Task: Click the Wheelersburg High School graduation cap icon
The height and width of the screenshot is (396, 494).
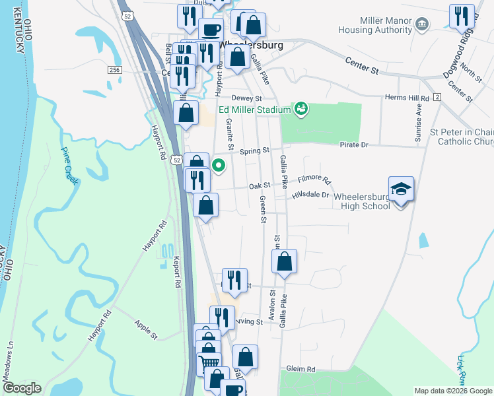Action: pos(401,189)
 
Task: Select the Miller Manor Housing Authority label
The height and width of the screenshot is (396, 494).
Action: pos(375,26)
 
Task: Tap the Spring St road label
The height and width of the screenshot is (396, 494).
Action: pos(254,150)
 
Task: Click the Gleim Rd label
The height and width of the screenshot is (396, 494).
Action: pos(300,369)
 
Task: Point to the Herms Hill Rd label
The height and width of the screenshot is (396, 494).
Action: pos(402,98)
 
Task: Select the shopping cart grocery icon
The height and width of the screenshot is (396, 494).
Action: pos(209,362)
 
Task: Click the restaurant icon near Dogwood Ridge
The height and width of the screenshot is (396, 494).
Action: pos(462,16)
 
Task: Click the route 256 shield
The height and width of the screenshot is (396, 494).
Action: pos(115,69)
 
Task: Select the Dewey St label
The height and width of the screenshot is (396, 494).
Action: pos(232,98)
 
